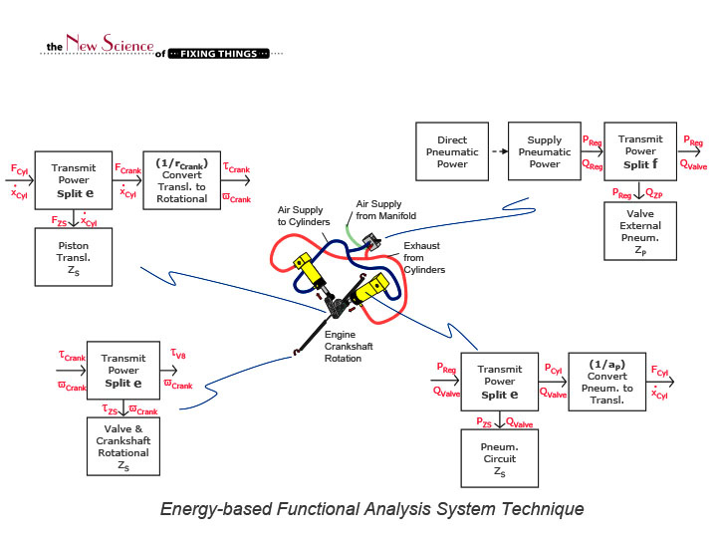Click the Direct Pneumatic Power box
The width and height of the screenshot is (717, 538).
tap(452, 151)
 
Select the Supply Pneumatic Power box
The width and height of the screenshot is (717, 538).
tap(544, 151)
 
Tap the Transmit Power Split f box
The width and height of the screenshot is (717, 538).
tap(638, 151)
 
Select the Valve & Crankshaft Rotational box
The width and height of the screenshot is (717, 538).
tap(122, 445)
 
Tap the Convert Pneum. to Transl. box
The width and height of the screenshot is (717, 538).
tap(606, 381)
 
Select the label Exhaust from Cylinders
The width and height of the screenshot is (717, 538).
tap(423, 256)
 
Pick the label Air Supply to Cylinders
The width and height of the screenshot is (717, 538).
tap(305, 216)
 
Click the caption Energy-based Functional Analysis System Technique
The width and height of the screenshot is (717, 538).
tap(371, 509)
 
